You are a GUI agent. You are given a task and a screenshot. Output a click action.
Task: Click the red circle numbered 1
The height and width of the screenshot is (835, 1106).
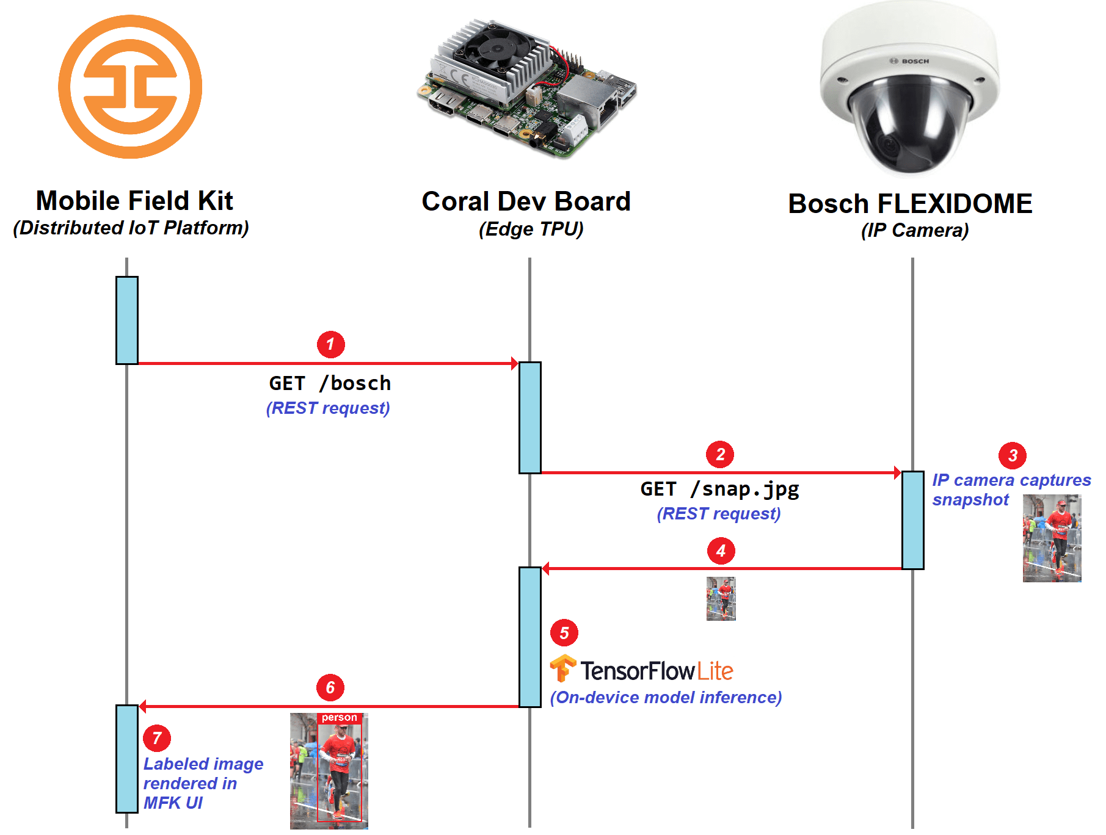(x=330, y=344)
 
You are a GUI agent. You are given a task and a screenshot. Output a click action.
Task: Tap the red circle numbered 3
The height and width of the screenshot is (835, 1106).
(x=1012, y=455)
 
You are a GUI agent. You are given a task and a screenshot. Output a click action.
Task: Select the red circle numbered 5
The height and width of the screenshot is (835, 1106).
(x=564, y=633)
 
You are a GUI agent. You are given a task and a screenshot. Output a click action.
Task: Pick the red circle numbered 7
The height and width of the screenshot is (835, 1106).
(x=157, y=738)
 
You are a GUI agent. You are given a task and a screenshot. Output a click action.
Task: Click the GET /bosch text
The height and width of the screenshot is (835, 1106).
(x=330, y=383)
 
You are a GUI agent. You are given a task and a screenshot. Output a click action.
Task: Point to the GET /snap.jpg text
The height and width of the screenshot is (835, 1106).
(x=719, y=489)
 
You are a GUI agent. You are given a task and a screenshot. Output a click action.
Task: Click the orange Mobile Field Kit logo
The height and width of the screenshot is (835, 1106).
(x=130, y=87)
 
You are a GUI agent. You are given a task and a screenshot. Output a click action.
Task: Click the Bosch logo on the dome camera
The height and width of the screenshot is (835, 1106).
(x=909, y=61)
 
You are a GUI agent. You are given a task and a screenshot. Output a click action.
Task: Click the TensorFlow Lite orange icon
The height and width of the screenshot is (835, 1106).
(x=562, y=668)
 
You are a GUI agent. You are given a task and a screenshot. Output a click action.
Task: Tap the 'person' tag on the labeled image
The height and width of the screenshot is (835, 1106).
(x=340, y=718)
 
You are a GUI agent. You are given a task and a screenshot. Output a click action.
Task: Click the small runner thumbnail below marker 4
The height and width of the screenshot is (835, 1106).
(x=721, y=599)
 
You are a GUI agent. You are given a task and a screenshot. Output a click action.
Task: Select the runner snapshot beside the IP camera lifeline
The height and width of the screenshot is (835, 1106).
(x=1052, y=538)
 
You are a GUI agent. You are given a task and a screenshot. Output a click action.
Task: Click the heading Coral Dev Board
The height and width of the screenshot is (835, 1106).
(x=526, y=201)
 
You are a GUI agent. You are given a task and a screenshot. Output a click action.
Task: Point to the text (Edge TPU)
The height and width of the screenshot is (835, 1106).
(x=531, y=229)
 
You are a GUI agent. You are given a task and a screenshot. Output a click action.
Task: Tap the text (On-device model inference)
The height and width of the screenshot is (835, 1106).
(x=666, y=697)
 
